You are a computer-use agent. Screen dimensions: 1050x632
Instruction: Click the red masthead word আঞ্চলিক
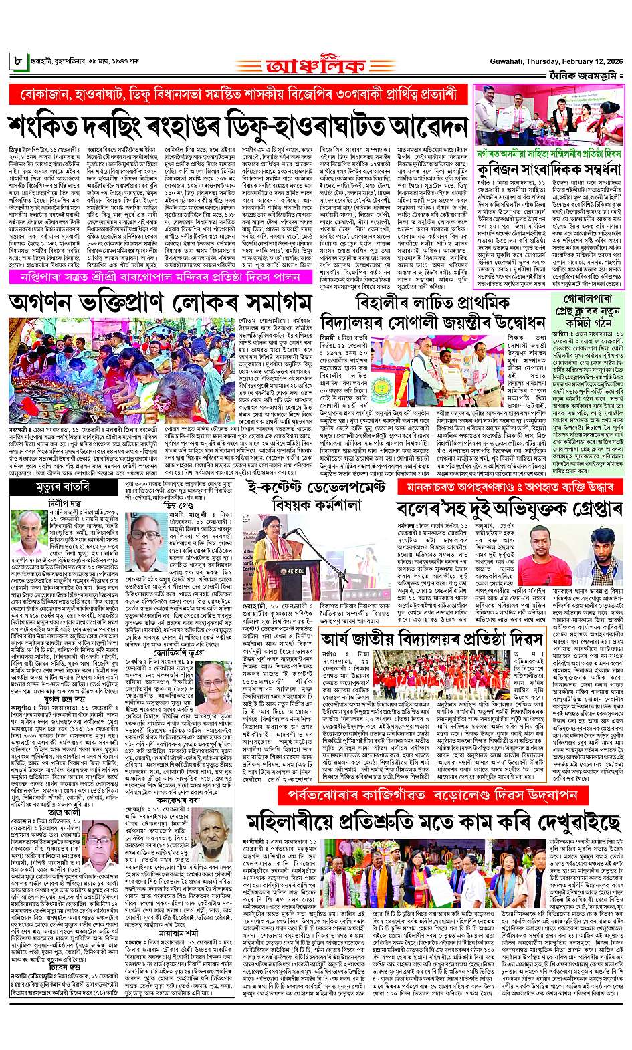tap(316, 66)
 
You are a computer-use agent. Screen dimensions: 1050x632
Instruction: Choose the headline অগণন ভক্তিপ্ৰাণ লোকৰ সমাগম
tap(159, 302)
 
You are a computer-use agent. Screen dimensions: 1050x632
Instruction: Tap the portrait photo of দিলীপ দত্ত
tap(33, 533)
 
